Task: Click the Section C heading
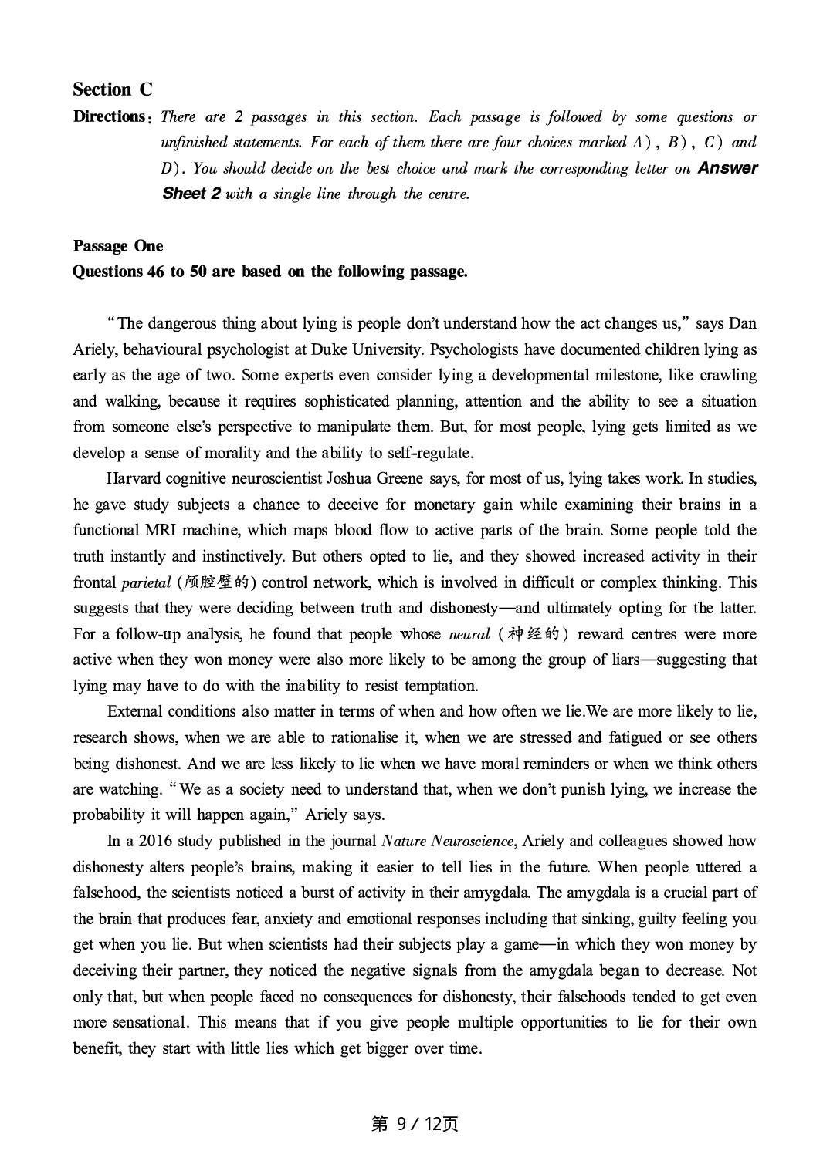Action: click(113, 89)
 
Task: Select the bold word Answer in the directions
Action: click(727, 168)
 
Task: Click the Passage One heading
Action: click(118, 246)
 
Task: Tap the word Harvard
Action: click(134, 478)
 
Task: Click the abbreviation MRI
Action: click(162, 530)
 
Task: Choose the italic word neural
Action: click(469, 635)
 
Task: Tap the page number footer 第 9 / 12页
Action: click(415, 1124)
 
